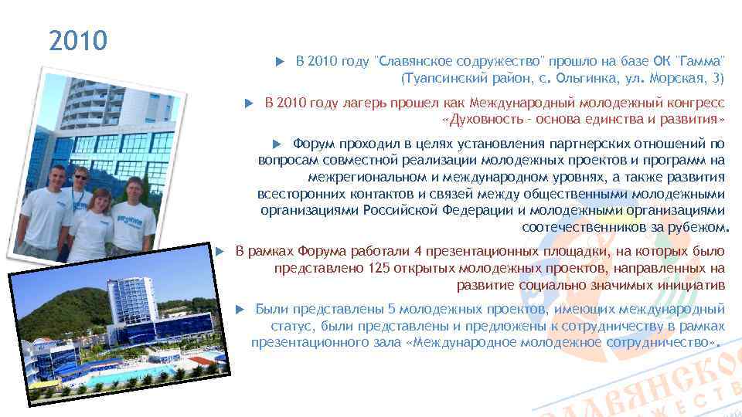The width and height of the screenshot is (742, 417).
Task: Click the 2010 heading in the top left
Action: (x=78, y=41)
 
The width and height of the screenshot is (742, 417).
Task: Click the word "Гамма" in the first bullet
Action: (x=702, y=61)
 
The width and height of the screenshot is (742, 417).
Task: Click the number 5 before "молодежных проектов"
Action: (x=392, y=309)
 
